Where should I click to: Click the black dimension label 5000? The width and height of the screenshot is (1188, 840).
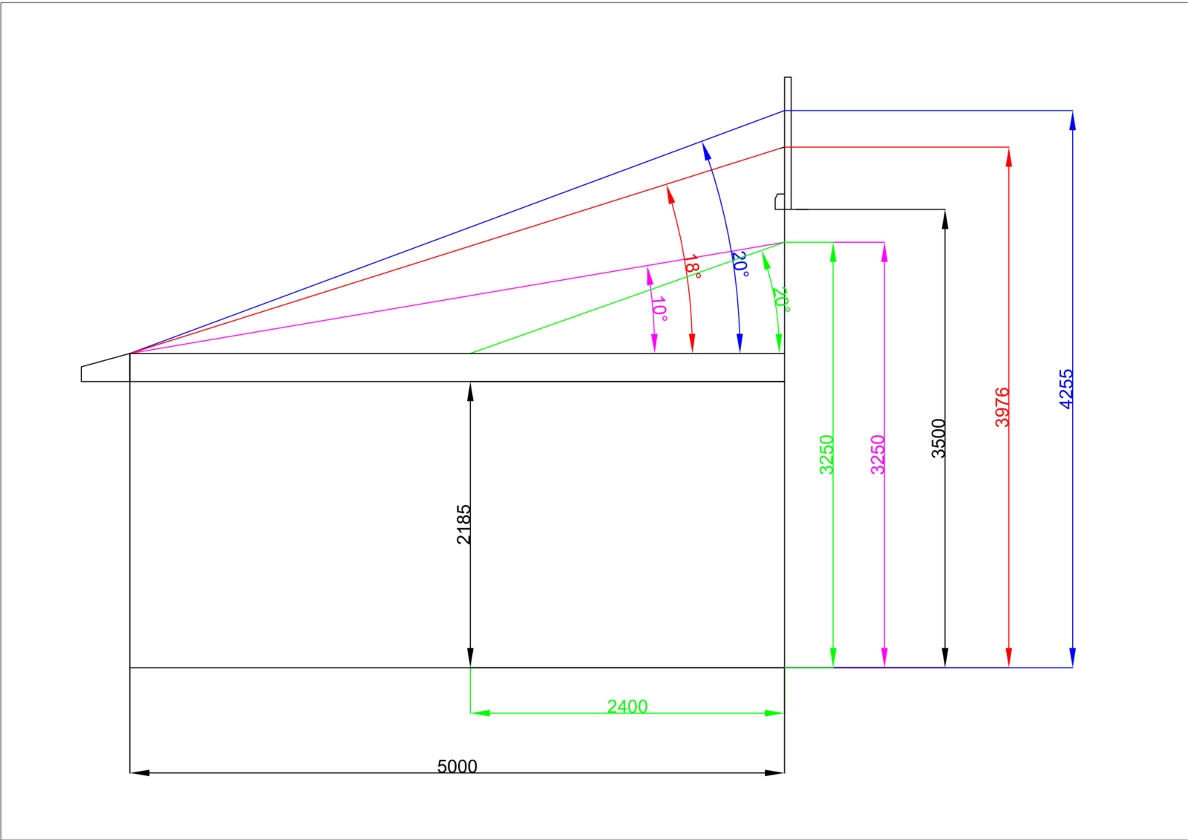tap(457, 766)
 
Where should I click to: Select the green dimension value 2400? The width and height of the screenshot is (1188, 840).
tap(627, 706)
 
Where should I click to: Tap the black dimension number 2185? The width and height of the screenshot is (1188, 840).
tap(463, 524)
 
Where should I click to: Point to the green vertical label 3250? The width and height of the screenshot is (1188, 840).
tap(826, 455)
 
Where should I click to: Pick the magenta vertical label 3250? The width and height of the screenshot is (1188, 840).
tap(878, 455)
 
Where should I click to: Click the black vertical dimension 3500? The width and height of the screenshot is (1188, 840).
tap(939, 437)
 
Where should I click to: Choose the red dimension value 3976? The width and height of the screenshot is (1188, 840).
tap(1002, 407)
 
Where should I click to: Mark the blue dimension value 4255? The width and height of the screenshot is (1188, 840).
tap(1066, 389)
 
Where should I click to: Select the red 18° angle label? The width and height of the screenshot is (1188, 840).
tap(692, 267)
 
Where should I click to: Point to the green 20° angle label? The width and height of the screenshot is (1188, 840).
tap(781, 300)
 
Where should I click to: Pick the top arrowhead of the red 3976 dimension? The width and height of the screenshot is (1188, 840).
tap(1009, 157)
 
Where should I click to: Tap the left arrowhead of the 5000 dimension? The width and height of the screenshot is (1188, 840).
tap(140, 772)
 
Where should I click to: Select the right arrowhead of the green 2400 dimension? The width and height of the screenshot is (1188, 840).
tap(774, 713)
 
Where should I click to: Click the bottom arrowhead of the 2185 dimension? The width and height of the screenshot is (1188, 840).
tap(470, 657)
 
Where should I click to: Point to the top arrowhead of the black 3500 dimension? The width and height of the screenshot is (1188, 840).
tap(944, 219)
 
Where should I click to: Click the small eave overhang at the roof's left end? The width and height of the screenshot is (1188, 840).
tap(105, 368)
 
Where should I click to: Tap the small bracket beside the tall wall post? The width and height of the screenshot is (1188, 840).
tap(780, 201)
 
